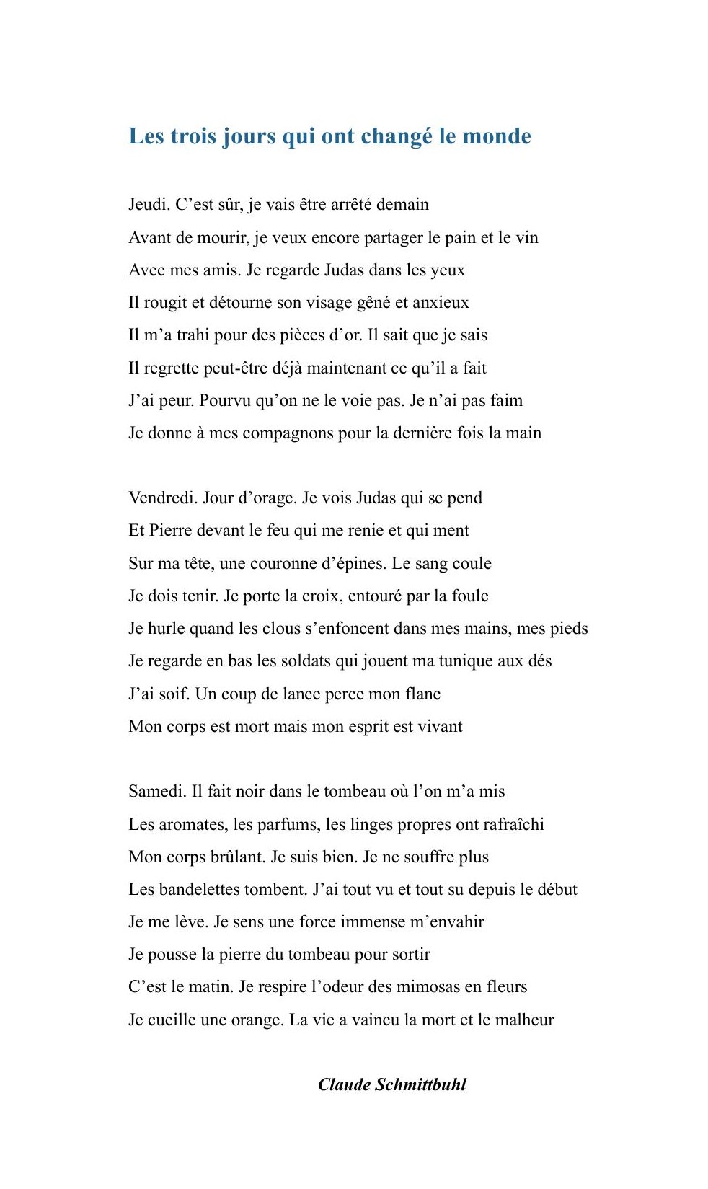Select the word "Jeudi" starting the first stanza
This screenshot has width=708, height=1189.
pos(149,205)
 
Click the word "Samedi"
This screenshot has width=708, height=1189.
pos(156,792)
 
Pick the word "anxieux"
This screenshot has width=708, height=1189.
pos(441,303)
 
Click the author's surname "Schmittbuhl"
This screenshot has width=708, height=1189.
pos(421,1085)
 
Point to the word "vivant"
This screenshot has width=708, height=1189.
pos(441,727)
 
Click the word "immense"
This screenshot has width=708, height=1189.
pos(373,922)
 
